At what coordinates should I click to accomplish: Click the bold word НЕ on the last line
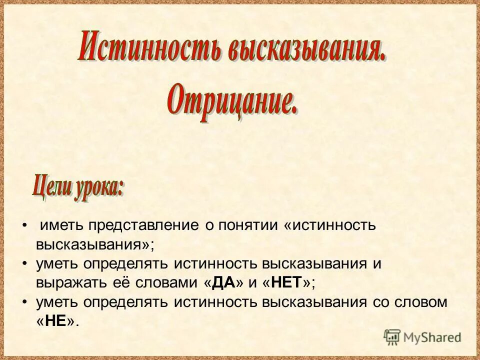point(55,321)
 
